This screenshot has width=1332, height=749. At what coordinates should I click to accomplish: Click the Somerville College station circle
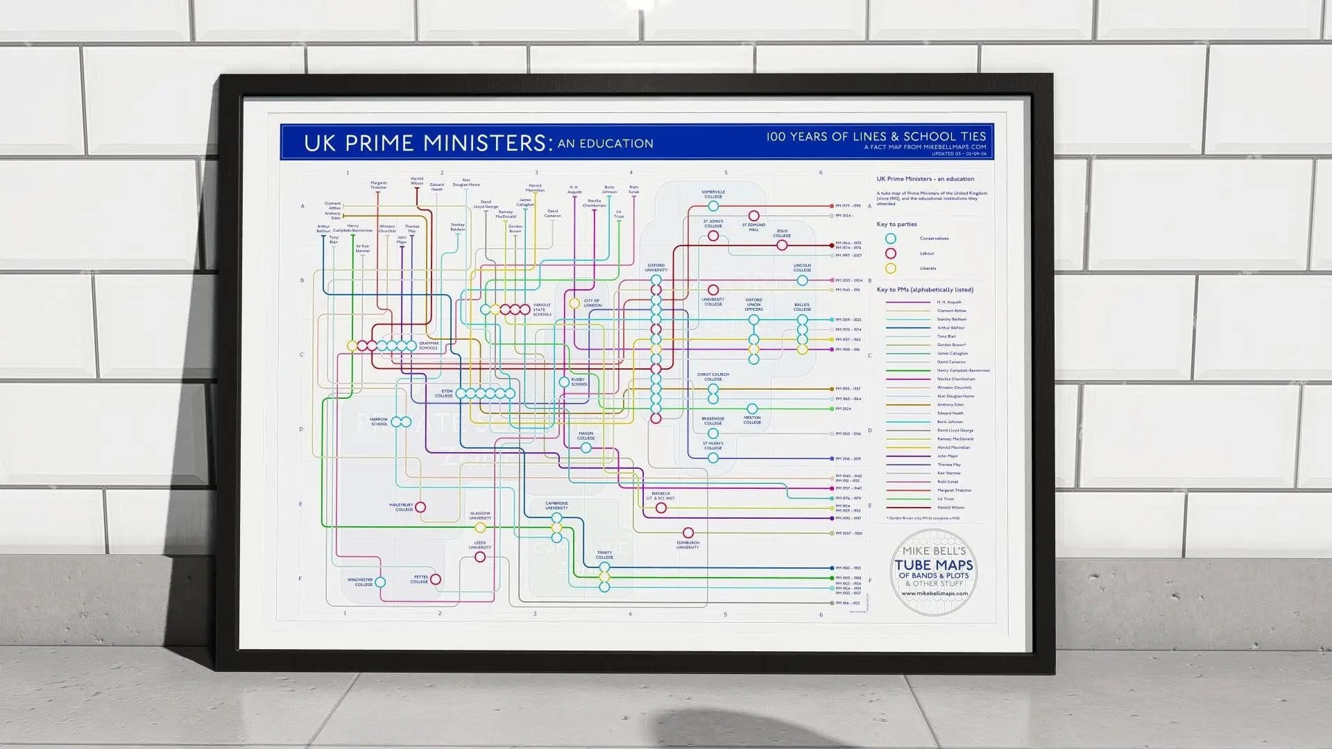point(713,206)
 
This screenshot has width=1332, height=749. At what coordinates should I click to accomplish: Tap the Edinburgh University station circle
point(688,533)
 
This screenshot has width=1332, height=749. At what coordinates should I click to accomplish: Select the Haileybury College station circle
point(420,508)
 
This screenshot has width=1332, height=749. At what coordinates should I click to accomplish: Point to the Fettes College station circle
point(436,579)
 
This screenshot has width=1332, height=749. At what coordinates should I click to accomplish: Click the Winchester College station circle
point(380,582)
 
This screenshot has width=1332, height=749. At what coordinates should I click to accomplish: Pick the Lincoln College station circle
point(802,280)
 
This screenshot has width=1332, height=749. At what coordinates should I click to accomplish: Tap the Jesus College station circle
point(782,246)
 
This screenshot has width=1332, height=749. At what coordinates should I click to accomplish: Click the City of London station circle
point(574,303)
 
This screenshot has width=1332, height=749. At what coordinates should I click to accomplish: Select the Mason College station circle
point(586,448)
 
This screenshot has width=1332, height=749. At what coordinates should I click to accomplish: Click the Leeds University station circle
point(480,557)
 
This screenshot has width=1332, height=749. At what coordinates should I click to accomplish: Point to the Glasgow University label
point(480,516)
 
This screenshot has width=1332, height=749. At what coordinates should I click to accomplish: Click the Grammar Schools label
point(429,345)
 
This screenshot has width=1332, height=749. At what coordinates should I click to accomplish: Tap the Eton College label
point(444,393)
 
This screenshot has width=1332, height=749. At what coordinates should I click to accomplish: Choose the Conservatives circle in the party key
point(890,239)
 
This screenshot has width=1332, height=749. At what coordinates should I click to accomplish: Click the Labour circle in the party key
point(890,253)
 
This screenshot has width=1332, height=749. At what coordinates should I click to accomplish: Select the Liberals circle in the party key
point(890,268)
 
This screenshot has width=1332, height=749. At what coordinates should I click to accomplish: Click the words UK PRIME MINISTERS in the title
point(427,143)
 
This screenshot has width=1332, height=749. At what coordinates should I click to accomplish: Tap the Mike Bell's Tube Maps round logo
point(934,573)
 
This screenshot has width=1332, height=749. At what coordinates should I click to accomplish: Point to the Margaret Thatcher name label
point(378,185)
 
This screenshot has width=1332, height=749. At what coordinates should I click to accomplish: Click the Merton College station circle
point(752,409)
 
